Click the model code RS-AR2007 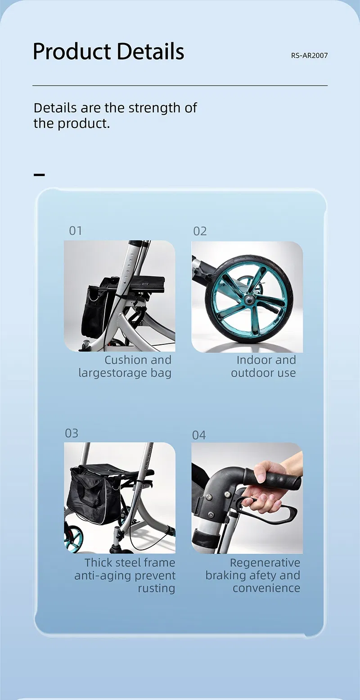309,56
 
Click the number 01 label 76,231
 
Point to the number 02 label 200,231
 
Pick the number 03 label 72,434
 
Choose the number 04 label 199,435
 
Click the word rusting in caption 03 156,588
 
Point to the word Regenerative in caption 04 265,563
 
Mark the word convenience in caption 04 266,588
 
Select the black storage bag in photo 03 93,495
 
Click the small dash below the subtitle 40,175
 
